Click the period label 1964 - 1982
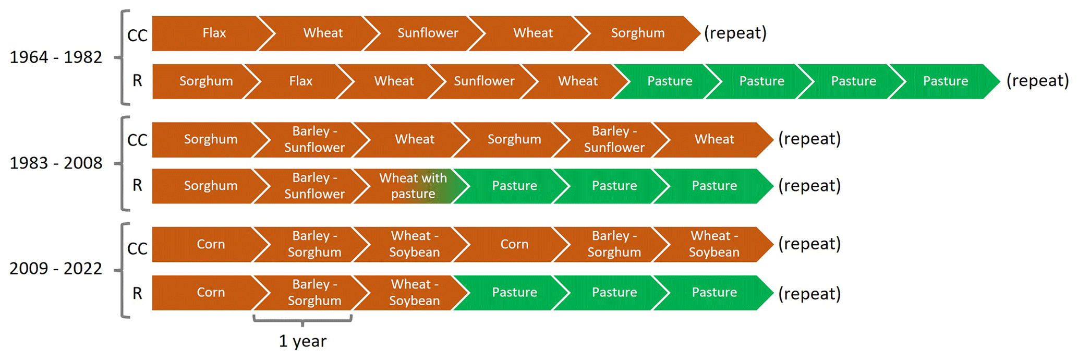tap(56, 57)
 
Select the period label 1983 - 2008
tap(56, 163)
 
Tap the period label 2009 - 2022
tap(56, 269)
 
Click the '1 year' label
tap(302, 341)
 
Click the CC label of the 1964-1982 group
tap(137, 35)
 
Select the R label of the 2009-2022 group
tap(137, 294)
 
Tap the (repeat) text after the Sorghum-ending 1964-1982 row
tap(735, 33)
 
